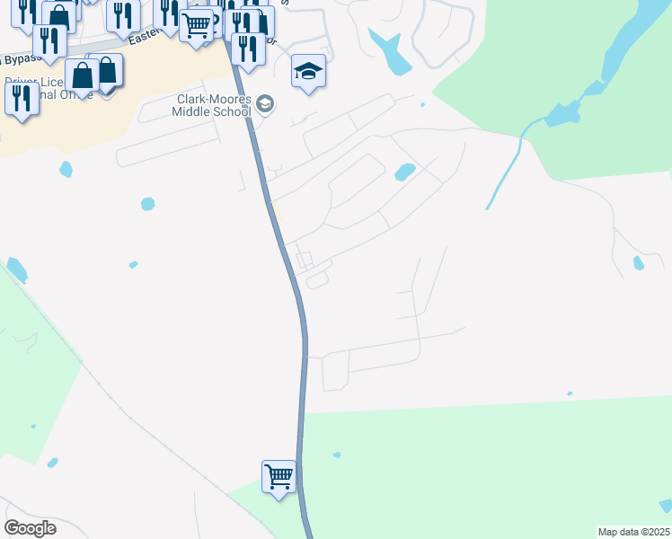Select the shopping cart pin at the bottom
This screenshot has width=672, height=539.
pos(279,475)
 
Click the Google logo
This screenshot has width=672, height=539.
pos(30,527)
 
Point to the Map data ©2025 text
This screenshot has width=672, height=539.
pos(633,532)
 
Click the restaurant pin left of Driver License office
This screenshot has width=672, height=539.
pos(22,100)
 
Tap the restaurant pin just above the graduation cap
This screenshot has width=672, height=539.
pos(248,49)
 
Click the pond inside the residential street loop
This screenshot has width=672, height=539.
pos(404,171)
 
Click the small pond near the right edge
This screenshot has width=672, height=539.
pos(638,263)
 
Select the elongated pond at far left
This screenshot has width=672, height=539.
pos(17,269)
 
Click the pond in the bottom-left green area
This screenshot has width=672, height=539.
pos(52,463)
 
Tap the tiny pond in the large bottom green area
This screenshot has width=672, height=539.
pos(336,455)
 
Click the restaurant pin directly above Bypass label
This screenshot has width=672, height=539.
pos(49,40)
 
